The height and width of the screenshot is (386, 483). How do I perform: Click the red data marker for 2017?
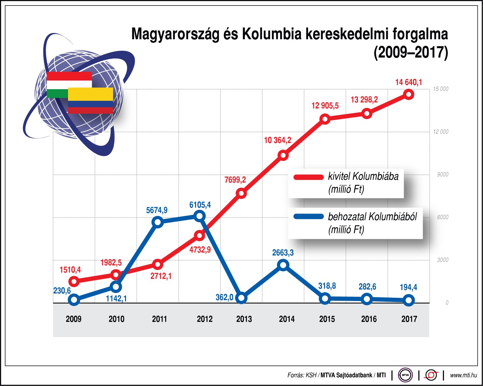pos(409,94)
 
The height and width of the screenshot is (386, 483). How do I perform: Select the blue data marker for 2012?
pos(199,216)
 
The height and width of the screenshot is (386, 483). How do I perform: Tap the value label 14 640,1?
pos(409,82)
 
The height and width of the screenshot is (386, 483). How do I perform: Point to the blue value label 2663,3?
pos(283,253)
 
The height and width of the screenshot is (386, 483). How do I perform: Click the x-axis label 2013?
pos(244,319)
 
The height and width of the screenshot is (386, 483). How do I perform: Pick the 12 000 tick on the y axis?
pos(441,132)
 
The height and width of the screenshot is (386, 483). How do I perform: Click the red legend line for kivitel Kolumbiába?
pos(308,177)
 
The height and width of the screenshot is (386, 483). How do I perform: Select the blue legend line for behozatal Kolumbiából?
pos(308,217)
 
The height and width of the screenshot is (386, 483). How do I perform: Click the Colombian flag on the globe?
pos(91,100)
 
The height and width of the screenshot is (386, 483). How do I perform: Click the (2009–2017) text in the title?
pos(411,53)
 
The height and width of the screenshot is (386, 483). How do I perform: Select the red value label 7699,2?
pos(235,180)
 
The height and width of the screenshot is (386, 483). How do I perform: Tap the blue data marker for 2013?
pos(241,298)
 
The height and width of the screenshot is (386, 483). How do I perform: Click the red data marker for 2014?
pos(283,155)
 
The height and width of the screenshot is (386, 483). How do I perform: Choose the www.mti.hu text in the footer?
pos(463,375)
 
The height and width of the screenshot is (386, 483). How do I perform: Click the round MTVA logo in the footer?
pos(405,375)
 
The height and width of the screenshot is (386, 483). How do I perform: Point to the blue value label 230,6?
pos(62,290)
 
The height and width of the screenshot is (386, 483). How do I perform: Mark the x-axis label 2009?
pos(73,319)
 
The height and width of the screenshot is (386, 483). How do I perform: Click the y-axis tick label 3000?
pos(442,260)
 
